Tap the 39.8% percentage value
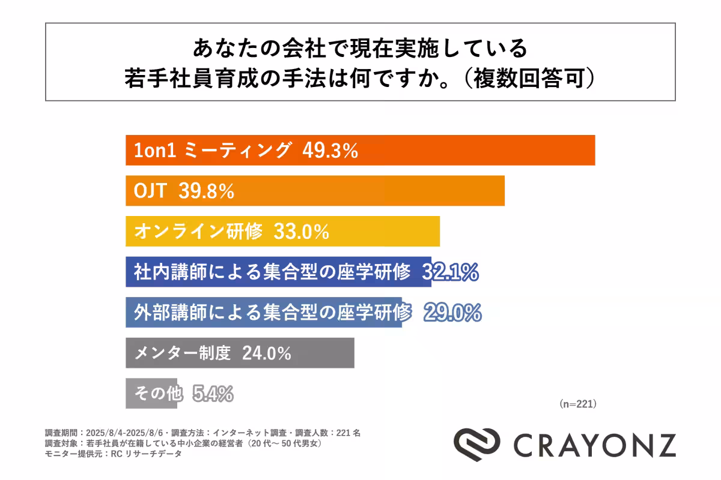click(206, 191)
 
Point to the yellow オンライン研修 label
click(198, 232)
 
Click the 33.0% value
click(301, 232)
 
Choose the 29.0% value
click(452, 313)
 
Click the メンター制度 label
click(182, 353)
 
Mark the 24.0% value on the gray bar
click(266, 353)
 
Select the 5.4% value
click(213, 394)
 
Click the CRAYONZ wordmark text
click(594, 445)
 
